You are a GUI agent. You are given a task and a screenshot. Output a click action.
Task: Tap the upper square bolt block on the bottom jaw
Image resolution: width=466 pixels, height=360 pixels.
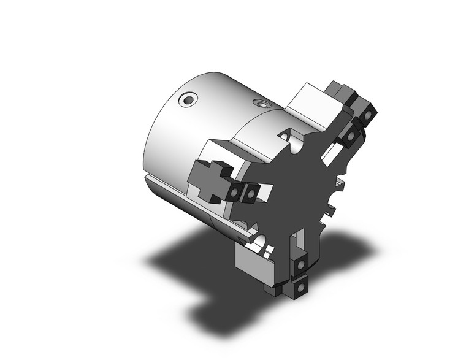pos(302,265)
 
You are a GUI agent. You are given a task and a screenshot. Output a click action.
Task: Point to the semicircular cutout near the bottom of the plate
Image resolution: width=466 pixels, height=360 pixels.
pos(261,240)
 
